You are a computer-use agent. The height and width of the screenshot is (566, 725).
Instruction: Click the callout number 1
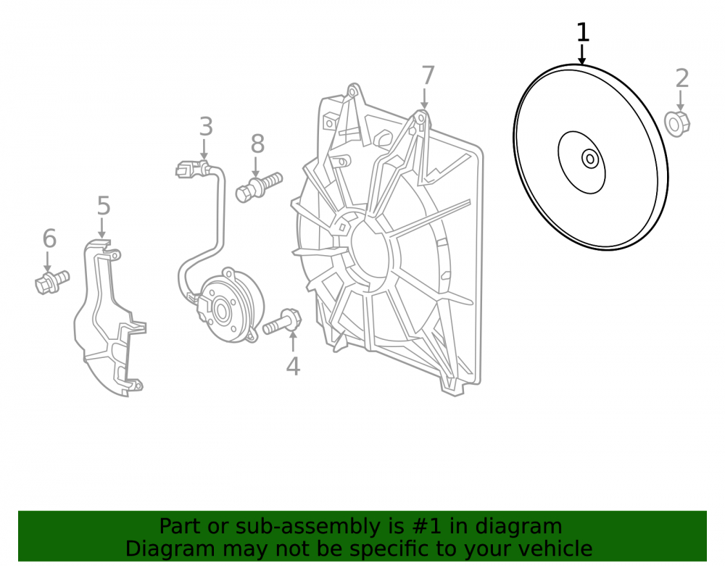583,33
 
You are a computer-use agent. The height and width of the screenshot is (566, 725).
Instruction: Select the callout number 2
682,78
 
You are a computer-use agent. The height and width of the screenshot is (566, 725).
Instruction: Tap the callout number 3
206,127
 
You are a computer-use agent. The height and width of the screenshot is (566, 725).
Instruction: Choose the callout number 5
104,206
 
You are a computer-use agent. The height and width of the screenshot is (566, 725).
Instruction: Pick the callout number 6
49,238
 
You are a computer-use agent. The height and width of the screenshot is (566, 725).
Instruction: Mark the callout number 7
428,75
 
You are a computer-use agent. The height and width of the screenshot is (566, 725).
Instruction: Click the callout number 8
257,143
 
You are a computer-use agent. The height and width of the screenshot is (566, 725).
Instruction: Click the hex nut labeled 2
677,123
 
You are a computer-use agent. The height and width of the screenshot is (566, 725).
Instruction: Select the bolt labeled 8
259,187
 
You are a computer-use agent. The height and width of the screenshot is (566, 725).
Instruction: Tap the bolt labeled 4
282,322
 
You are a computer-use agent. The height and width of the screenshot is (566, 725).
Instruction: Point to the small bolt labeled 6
51,282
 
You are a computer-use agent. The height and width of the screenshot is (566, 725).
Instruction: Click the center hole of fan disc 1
590,159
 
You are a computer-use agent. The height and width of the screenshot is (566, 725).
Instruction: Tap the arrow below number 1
583,54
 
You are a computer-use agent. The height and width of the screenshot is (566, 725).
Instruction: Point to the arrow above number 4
293,342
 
